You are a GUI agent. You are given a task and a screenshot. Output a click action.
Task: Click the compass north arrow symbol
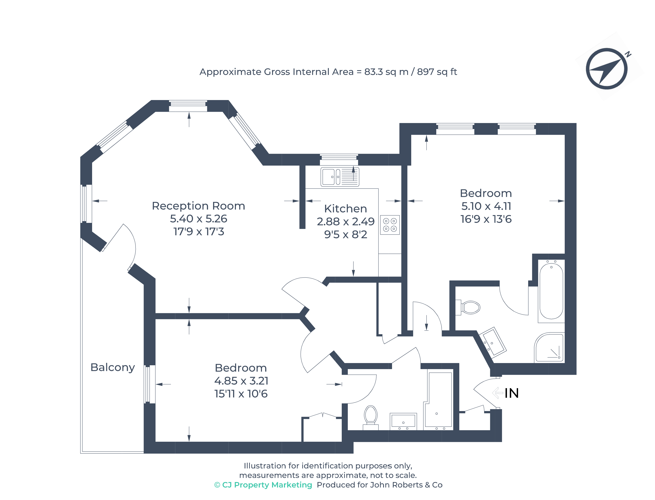coord(607,69)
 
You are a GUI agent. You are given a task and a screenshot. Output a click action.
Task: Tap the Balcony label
coord(113,367)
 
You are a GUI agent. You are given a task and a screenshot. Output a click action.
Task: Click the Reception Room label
coord(199,206)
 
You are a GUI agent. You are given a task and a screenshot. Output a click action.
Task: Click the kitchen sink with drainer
coord(340,177)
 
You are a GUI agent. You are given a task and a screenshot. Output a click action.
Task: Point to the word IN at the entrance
coord(512,393)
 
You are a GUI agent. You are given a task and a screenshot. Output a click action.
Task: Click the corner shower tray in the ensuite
coord(549,347)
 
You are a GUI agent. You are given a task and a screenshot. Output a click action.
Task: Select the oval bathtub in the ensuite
coord(551,291)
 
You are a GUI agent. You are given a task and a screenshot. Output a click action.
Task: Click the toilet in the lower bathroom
coord(371,417)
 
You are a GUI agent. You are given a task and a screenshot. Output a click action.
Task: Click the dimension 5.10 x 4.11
coord(486,206)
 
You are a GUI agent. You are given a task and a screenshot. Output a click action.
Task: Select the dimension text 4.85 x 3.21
coord(241,381)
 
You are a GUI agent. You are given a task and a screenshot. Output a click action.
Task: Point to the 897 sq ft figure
coord(437,72)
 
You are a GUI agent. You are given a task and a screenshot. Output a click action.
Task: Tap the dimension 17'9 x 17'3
coord(199,232)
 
